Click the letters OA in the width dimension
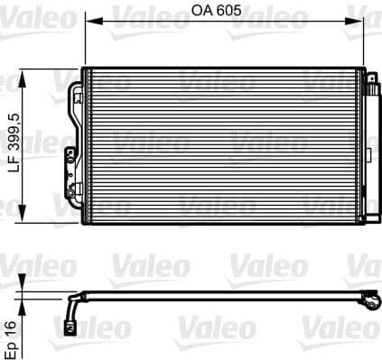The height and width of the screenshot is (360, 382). (x=201, y=14)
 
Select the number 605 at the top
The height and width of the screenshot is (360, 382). (x=228, y=14)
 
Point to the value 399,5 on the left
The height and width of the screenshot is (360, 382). (x=12, y=134)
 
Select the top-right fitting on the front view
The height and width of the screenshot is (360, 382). (x=370, y=80)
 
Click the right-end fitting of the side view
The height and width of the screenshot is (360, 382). (x=371, y=300)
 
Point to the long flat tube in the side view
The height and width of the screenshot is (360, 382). (x=226, y=294)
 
